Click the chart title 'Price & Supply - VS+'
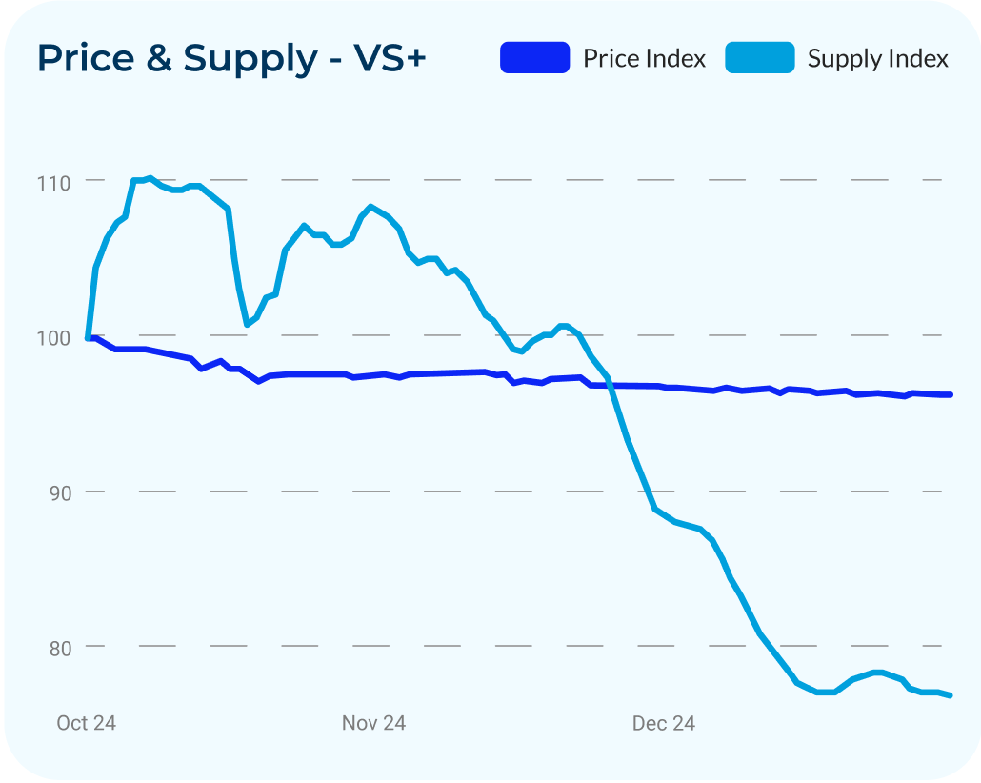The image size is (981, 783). pos(231,59)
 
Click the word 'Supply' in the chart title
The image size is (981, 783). pos(250,59)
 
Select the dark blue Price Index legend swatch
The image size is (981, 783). pos(534,58)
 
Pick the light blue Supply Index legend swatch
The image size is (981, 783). pos(759,58)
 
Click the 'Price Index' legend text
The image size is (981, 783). pos(644,59)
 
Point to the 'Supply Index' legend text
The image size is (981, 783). pos(877,59)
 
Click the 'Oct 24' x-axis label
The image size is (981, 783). pos(86,723)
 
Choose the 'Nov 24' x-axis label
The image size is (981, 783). pos(373,723)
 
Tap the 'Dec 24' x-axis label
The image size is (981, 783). pos(663,723)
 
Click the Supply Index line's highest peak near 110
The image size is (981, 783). pos(150,178)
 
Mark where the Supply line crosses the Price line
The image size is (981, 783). pos(610,385)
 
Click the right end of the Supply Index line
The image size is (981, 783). pos(951,695)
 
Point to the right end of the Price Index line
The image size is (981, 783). pos(951,394)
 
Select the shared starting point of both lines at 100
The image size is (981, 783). pos(89,337)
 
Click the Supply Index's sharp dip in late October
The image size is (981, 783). pos(248,324)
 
